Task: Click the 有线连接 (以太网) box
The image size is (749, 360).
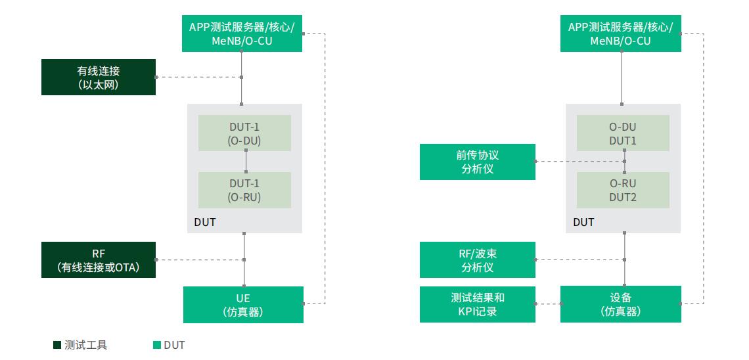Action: (x=99, y=77)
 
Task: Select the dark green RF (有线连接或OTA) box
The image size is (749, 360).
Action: (x=99, y=259)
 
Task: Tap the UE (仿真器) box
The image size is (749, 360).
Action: (x=243, y=305)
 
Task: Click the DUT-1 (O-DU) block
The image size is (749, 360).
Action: (x=244, y=133)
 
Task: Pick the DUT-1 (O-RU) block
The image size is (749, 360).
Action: (x=244, y=190)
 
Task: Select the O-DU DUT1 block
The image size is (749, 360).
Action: (x=623, y=133)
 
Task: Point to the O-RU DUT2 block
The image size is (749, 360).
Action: (x=623, y=190)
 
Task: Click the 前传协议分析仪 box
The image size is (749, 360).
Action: (x=477, y=162)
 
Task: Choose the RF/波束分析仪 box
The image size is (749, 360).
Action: (x=477, y=259)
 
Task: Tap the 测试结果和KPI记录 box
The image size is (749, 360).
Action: (x=477, y=305)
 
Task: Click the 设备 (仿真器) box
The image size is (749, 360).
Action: (x=620, y=305)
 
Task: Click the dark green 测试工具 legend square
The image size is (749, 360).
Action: (x=57, y=345)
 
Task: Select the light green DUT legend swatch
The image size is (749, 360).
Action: (x=156, y=345)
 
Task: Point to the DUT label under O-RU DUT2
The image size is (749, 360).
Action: (x=583, y=222)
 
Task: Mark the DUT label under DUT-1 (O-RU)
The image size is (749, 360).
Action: (x=204, y=222)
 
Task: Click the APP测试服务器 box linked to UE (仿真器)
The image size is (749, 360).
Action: (x=242, y=34)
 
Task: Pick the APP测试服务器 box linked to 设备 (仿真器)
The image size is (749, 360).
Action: (x=620, y=34)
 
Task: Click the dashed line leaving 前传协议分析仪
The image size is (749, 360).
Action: (x=578, y=162)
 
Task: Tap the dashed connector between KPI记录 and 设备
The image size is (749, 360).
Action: (x=548, y=304)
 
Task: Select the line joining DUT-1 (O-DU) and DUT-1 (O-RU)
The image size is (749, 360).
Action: (x=246, y=161)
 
